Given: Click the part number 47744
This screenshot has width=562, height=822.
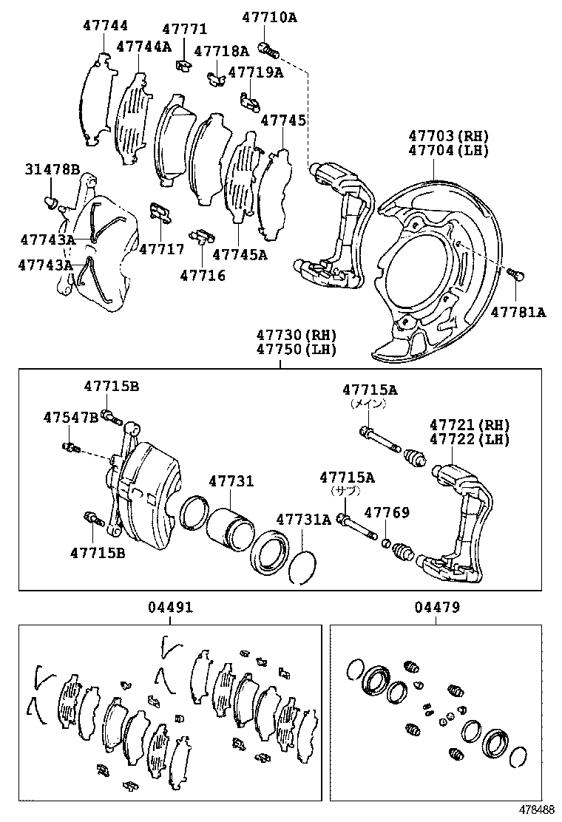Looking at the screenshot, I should pos(106,25).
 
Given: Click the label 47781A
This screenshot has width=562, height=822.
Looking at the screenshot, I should pos(518,312).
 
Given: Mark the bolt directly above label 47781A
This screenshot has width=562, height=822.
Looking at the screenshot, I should pos(517,276).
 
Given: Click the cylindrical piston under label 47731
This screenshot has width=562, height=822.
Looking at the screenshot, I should pos(230,528).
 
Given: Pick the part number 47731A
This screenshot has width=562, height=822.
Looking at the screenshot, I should pos(304,519).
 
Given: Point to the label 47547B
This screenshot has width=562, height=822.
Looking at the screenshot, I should pos(70,418).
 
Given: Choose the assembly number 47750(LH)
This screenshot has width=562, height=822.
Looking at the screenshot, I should pos(297,349).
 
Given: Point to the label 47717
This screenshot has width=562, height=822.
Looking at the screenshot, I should pos(161,249).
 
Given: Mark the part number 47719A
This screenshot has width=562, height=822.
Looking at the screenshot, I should pos(255,72).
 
